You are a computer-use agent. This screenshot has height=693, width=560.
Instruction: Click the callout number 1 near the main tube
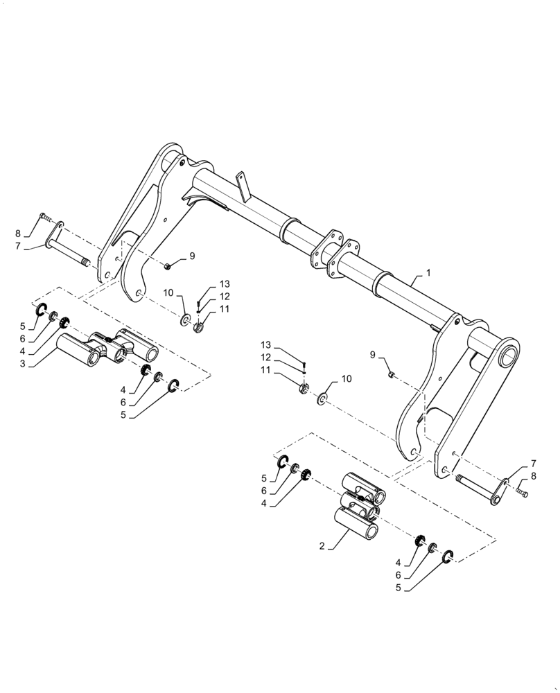[x=428, y=274]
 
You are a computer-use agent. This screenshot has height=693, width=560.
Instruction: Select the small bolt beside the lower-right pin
[x=522, y=493]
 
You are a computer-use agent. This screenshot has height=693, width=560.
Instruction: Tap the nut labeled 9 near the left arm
[x=168, y=265]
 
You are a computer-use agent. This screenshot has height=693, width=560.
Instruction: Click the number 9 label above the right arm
[x=374, y=356]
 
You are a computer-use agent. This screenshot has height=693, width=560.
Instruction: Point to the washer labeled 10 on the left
[x=186, y=320]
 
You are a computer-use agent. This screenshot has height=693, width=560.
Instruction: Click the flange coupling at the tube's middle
[x=335, y=254]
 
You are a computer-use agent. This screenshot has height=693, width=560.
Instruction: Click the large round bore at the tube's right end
[x=508, y=356]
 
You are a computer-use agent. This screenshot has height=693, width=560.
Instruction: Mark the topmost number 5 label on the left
[x=22, y=326]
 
